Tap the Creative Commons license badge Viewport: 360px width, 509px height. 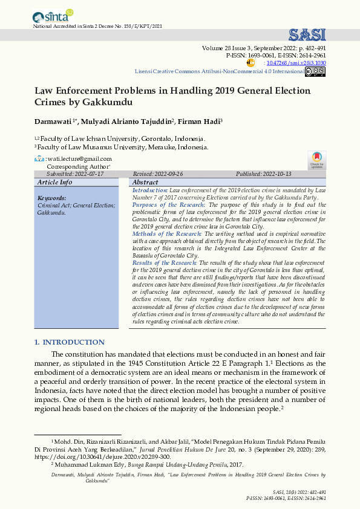(315, 71)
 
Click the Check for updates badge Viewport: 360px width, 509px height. (317, 160)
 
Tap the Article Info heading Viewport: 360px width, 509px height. (54, 182)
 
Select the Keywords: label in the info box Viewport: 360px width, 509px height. (51, 198)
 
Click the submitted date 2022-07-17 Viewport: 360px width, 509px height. (88, 173)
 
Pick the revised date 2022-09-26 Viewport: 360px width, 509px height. (168, 173)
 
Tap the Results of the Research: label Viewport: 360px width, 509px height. (165, 263)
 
